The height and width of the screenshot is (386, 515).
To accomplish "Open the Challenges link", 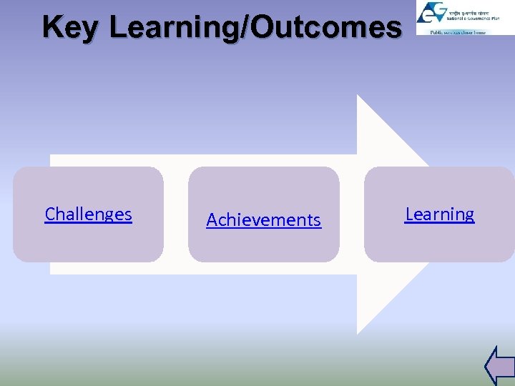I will point(88,214).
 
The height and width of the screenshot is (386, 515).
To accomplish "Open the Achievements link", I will point(263,220).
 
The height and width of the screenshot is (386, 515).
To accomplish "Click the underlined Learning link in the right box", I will point(439,214).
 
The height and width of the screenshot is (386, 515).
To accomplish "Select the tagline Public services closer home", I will point(458,32).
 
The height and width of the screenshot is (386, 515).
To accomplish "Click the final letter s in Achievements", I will point(317,221).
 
